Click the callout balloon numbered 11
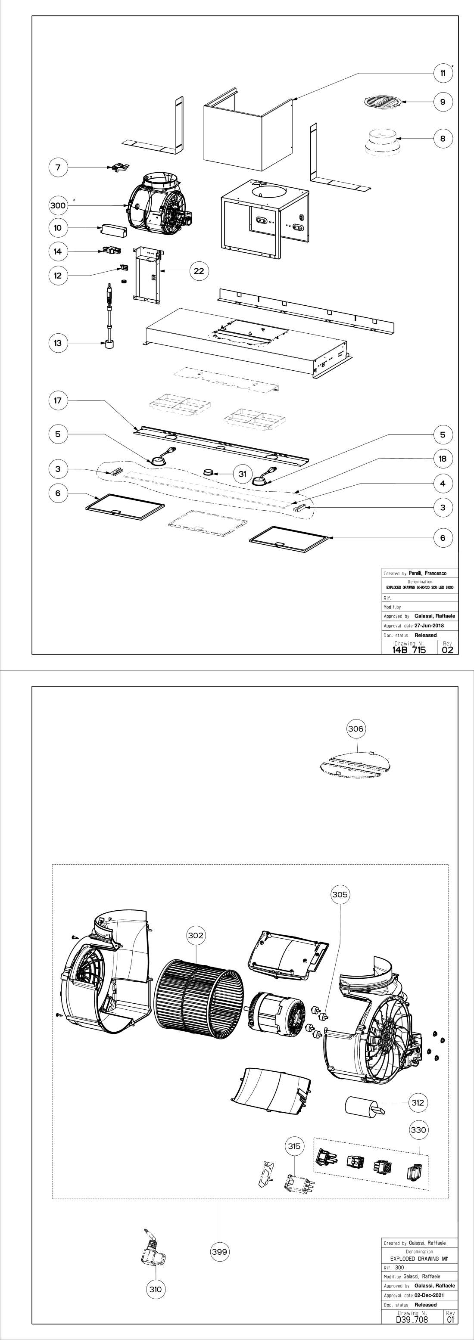443,73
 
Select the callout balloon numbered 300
58,205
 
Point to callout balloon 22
199,271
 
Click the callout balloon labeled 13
58,343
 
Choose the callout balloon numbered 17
58,400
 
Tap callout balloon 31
242,474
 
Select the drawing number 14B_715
409,650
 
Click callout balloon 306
355,729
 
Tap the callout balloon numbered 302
196,935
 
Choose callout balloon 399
220,1252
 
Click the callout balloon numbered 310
155,1289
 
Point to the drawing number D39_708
412,1319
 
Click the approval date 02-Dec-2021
429,1295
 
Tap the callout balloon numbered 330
418,1130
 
